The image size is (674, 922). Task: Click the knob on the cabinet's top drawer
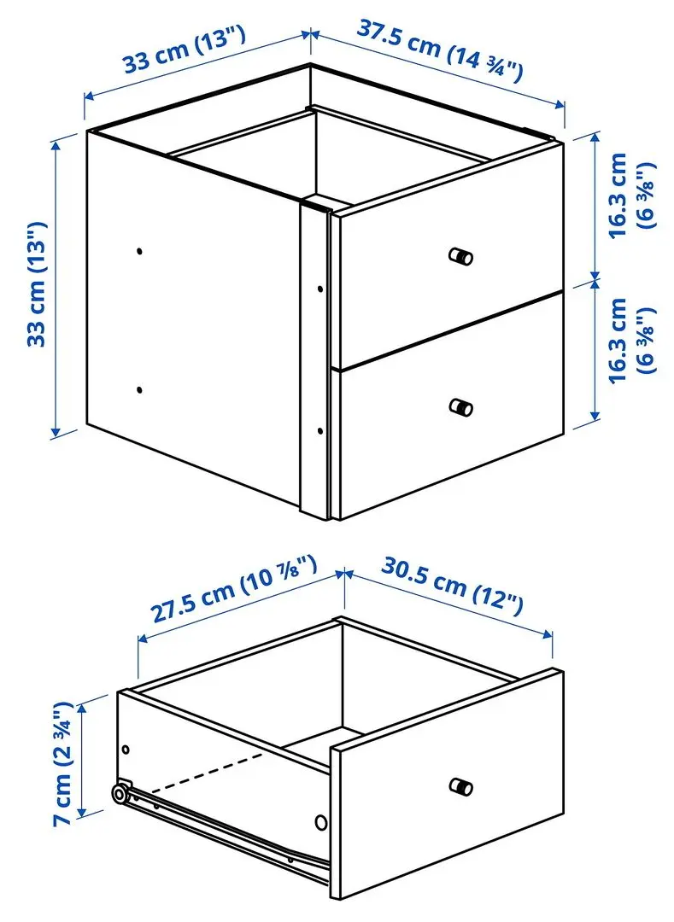click(460, 255)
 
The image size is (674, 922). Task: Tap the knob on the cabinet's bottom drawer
click(460, 407)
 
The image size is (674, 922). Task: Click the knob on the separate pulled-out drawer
click(460, 785)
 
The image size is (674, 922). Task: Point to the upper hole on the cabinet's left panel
click(140, 251)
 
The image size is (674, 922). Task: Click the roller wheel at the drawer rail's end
click(120, 793)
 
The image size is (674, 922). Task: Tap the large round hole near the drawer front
click(321, 822)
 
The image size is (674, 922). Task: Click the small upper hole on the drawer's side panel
click(126, 749)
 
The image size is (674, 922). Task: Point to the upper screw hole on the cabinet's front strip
click(319, 289)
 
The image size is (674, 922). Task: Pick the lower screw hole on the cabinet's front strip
click(319, 429)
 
